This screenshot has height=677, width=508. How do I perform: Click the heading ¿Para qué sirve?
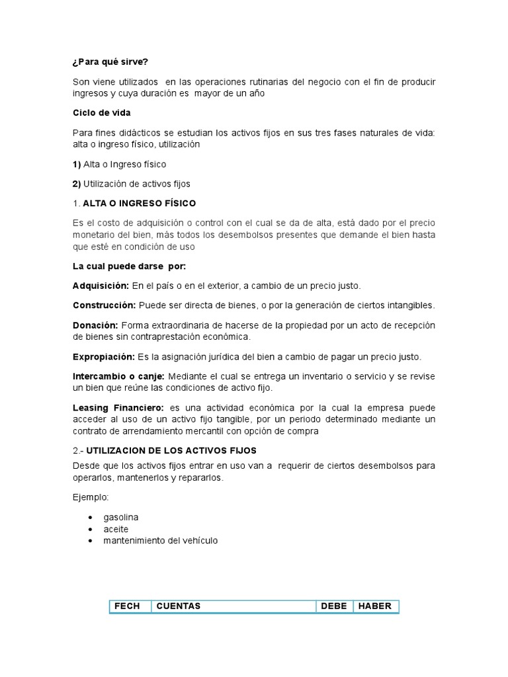coord(110,62)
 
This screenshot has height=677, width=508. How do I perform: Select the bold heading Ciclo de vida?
coord(101,113)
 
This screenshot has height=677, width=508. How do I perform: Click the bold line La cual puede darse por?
coord(129,266)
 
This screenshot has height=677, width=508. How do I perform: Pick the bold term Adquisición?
coord(101,286)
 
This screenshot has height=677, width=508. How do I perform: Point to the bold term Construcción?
coord(104,305)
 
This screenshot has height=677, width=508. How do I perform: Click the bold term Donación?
coord(95,325)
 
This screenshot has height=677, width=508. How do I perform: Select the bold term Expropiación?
coord(103,357)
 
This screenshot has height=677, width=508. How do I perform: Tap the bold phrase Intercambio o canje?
coord(118,376)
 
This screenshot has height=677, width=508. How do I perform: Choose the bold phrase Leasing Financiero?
coord(118,408)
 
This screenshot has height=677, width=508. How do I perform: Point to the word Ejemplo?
coord(91,497)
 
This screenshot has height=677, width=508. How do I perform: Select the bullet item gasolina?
coord(121,517)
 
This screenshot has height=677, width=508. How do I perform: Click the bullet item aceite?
coord(116,529)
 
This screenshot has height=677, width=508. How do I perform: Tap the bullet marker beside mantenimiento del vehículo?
coord(90,541)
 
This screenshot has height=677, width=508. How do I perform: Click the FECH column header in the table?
coord(127,606)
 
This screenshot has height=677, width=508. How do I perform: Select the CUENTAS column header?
coord(178,606)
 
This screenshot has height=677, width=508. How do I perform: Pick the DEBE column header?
coord(334,606)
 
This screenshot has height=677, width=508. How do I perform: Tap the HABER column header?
coord(375,606)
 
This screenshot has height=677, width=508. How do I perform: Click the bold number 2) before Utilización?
coord(77,184)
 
